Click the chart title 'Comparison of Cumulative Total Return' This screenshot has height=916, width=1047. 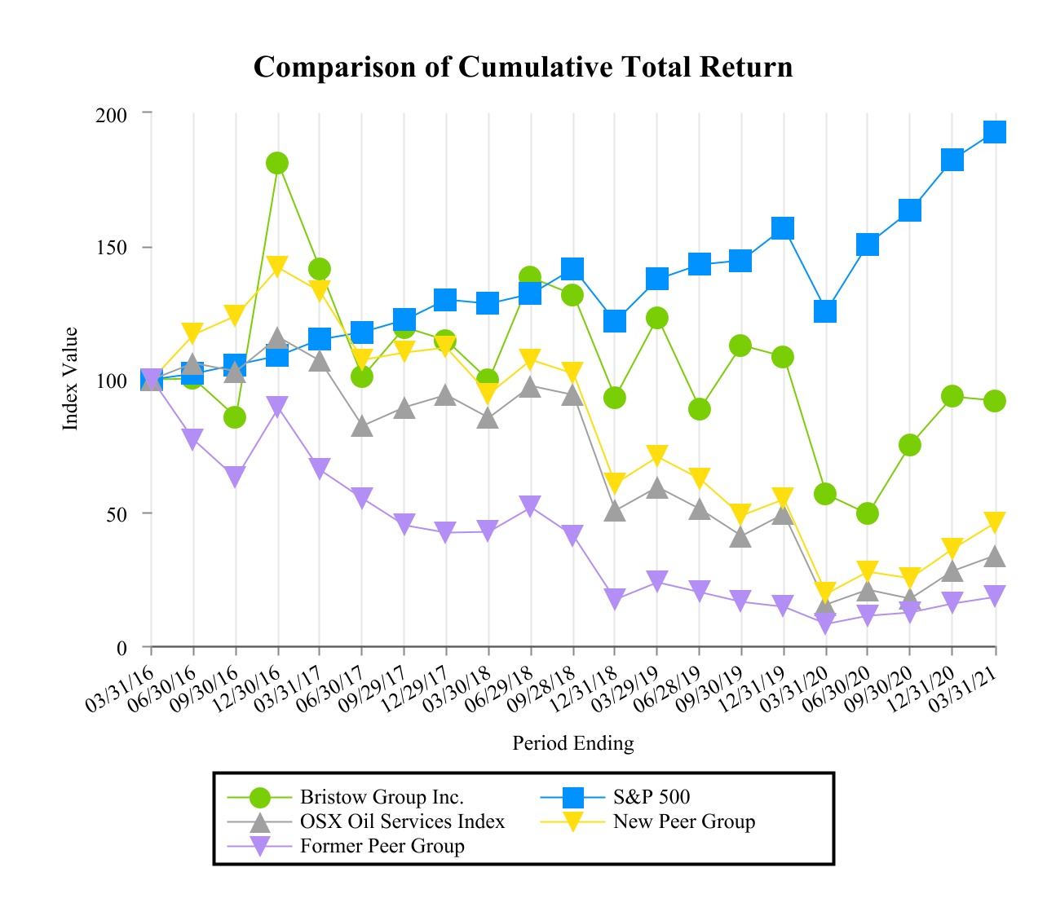click(523, 67)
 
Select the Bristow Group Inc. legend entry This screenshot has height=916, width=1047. click(382, 797)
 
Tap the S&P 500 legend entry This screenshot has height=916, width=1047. click(651, 797)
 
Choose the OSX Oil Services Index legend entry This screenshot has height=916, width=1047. click(402, 821)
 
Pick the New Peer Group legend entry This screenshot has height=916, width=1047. click(683, 821)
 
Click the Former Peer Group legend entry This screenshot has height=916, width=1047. click(382, 846)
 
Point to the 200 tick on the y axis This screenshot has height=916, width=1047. click(112, 114)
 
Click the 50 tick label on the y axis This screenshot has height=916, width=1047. click(117, 514)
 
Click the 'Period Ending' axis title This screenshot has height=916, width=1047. click(572, 743)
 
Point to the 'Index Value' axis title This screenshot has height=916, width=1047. click(71, 379)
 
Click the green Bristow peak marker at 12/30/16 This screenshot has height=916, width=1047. click(277, 163)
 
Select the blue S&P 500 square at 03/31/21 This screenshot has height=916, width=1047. click(995, 132)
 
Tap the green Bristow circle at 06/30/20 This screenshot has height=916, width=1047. click(868, 513)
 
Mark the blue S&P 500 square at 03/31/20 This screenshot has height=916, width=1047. click(825, 311)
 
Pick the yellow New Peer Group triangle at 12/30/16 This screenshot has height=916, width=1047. click(277, 266)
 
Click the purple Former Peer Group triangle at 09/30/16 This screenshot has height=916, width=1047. click(235, 477)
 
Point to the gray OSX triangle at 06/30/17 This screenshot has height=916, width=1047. click(362, 426)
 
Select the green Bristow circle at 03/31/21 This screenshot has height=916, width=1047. click(995, 401)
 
